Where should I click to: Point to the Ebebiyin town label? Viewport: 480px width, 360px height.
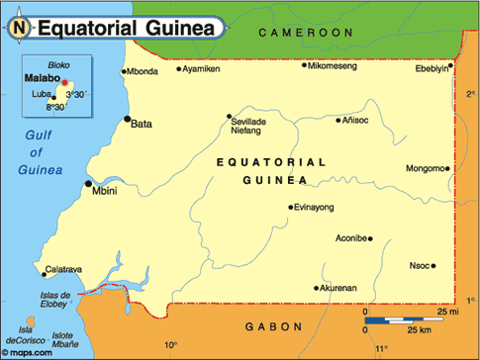pos(432,68)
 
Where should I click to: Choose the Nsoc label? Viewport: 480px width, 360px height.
pos(420,265)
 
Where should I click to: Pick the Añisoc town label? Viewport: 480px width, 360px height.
pos(354,120)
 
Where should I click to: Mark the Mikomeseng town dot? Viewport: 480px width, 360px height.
pos(304,65)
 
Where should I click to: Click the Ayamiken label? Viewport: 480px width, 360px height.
pos(202,69)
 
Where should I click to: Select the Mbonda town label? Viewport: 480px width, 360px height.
pos(143,71)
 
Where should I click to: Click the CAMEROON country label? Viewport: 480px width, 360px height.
pos(306,33)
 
